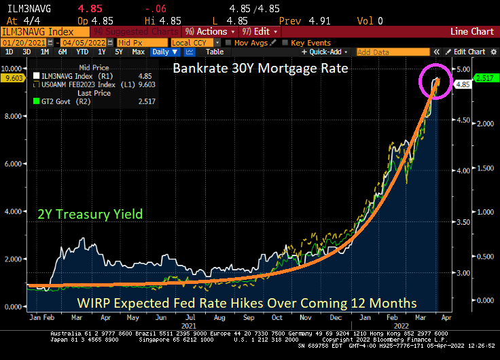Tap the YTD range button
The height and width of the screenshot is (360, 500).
(82, 52)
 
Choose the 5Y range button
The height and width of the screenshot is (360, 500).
(118, 52)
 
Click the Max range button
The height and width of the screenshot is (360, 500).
(138, 52)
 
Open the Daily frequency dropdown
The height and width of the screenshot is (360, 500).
(164, 52)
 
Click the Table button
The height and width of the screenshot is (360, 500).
(214, 52)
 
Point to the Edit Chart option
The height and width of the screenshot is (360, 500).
(469, 52)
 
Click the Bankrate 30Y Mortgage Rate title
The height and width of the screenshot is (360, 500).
(260, 69)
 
